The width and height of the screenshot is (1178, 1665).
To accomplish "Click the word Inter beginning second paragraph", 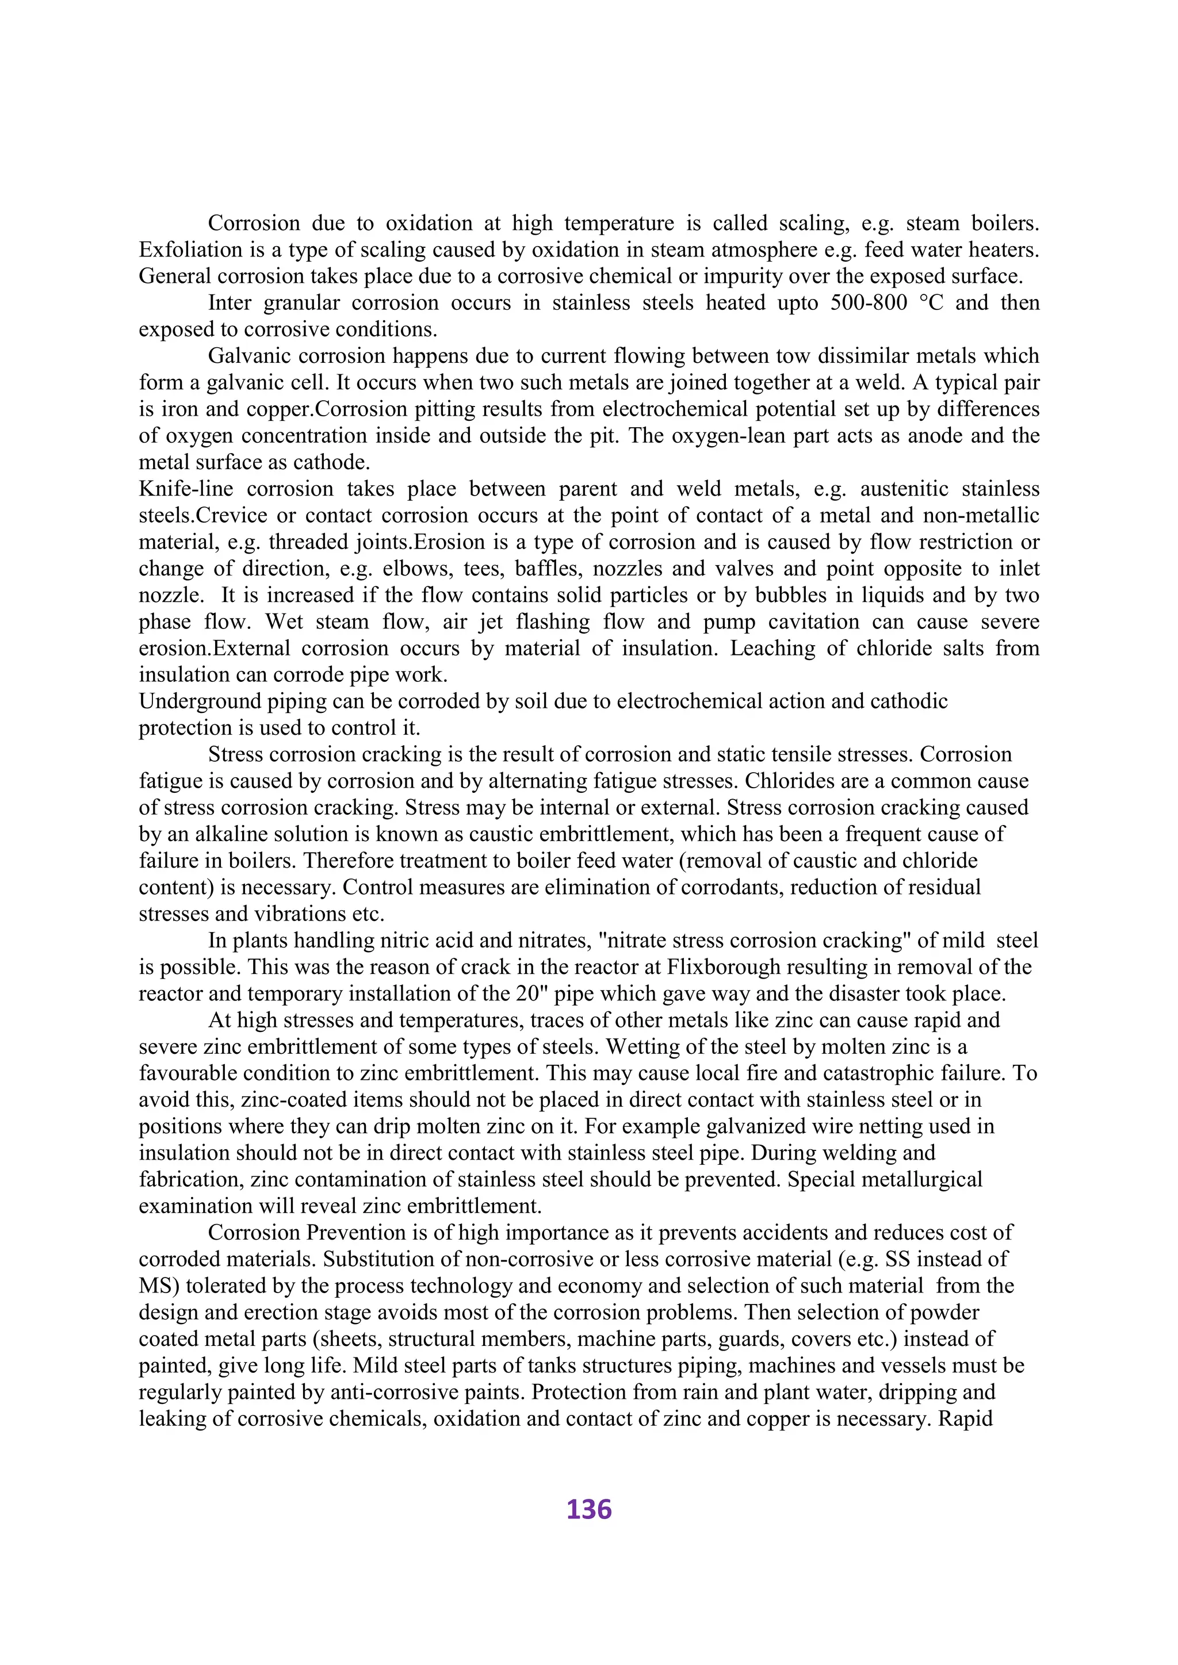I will [x=230, y=302].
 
